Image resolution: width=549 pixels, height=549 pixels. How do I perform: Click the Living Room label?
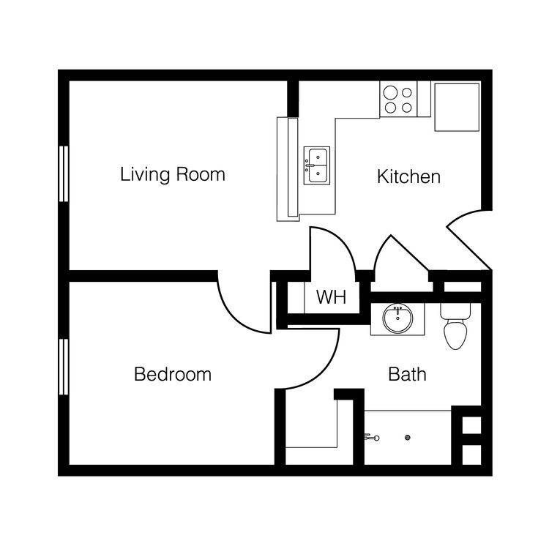click(x=173, y=174)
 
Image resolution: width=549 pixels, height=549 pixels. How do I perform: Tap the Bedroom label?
click(x=173, y=374)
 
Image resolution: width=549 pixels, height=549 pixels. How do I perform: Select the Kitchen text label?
click(x=408, y=176)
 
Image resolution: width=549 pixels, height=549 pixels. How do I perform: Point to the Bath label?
click(x=407, y=374)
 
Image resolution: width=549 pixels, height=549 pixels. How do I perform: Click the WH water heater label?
click(x=331, y=297)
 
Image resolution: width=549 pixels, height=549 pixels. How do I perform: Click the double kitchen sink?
click(x=317, y=165)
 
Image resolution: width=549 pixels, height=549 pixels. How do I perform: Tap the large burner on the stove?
click(x=390, y=93)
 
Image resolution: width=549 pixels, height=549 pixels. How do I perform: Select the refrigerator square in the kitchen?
click(x=457, y=107)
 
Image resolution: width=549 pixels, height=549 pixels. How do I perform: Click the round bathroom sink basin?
click(x=397, y=318)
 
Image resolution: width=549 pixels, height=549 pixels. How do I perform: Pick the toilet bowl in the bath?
click(x=455, y=335)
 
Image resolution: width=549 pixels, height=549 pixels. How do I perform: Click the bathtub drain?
click(x=407, y=437)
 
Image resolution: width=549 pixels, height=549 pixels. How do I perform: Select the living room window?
click(x=64, y=173)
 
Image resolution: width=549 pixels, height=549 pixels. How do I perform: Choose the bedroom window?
click(x=64, y=367)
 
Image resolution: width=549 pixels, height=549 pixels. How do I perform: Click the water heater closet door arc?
click(x=341, y=242)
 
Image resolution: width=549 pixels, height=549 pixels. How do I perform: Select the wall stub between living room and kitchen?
click(x=293, y=99)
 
